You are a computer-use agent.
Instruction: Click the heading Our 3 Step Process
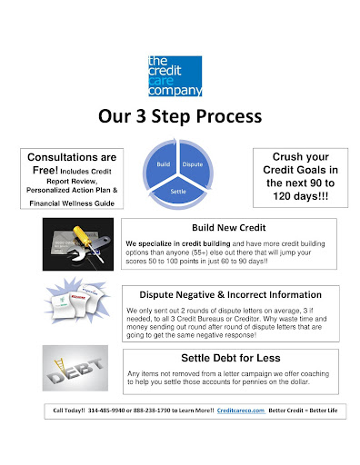(x=179, y=117)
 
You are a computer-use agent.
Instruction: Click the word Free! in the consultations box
(x=44, y=170)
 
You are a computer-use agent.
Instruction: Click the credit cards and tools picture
(x=77, y=245)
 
